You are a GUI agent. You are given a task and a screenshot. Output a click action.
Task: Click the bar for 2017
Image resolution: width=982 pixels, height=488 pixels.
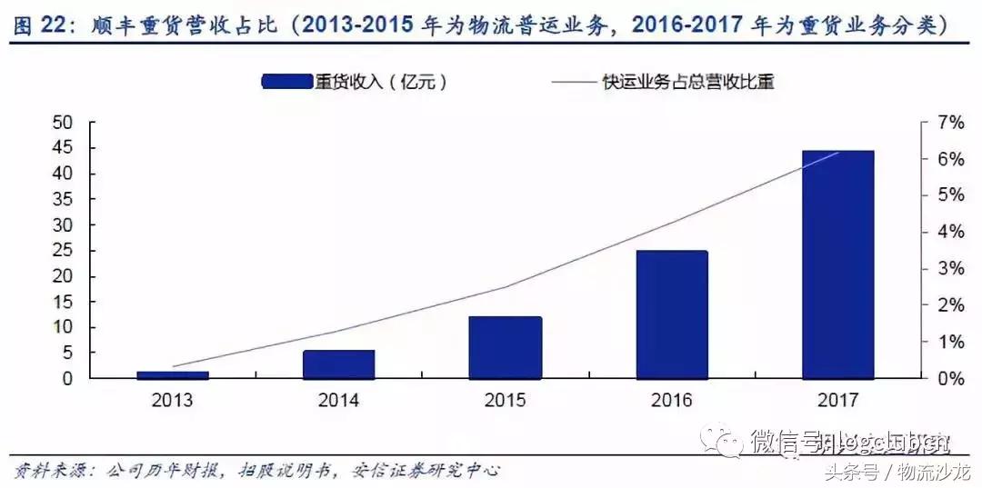tap(837, 264)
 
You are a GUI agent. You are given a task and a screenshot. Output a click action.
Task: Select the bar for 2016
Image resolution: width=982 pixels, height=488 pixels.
tap(671, 314)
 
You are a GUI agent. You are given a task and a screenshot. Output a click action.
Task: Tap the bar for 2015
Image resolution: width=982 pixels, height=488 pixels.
tap(505, 347)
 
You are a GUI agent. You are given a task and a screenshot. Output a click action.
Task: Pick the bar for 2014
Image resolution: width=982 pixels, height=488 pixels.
tap(338, 364)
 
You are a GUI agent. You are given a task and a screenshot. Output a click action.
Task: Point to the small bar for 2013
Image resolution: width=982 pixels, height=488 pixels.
tap(172, 374)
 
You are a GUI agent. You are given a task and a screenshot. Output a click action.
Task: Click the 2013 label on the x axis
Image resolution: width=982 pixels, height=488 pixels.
tap(172, 400)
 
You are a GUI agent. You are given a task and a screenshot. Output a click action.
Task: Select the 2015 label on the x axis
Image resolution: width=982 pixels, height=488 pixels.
tap(505, 400)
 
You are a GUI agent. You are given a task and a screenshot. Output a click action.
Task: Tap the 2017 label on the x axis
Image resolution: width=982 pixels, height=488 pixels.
tap(837, 400)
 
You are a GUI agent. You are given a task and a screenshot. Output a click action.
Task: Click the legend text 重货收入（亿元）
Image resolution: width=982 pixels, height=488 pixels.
tap(382, 82)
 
